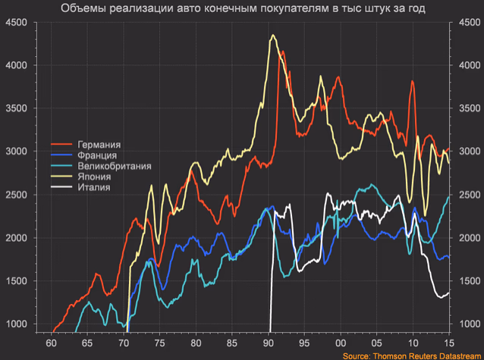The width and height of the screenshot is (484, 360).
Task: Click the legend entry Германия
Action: pyautogui.click(x=99, y=145)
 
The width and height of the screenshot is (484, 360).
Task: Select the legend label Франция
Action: pyautogui.click(x=97, y=155)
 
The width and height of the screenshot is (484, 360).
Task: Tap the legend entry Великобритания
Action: pyautogui.click(x=115, y=166)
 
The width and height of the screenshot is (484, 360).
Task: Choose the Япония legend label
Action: pyautogui.click(x=94, y=177)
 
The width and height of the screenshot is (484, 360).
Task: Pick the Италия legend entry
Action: pyautogui.click(x=94, y=187)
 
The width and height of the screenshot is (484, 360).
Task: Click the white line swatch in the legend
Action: pyautogui.click(x=61, y=187)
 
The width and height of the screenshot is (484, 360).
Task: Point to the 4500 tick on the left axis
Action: pyautogui.click(x=17, y=23)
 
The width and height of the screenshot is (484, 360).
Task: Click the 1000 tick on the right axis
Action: pyautogui.click(x=470, y=324)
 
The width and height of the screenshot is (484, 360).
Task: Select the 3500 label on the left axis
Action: pyautogui.click(x=17, y=108)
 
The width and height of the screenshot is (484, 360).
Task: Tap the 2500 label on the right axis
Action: pyautogui.click(x=470, y=195)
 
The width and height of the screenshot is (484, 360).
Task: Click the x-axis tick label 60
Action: pyautogui.click(x=52, y=343)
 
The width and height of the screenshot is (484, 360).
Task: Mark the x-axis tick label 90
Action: pyautogui.click(x=269, y=343)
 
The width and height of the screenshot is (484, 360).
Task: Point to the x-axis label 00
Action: pyautogui.click(x=341, y=343)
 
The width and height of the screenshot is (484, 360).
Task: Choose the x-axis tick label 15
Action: pyautogui.click(x=449, y=343)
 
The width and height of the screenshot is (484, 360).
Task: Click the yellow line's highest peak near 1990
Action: pyautogui.click(x=273, y=35)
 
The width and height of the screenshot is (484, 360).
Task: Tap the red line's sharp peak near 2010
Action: pyautogui.click(x=413, y=81)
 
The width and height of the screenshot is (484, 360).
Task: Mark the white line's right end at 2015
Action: pyautogui.click(x=449, y=293)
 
